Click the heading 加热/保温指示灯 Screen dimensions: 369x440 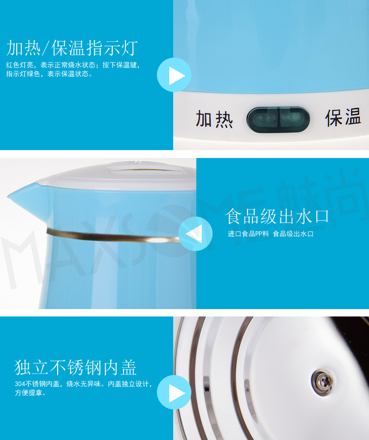point(72,48)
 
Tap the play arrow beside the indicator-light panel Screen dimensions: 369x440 point(174,75)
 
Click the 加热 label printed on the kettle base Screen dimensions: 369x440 point(215,119)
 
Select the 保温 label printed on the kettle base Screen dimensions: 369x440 point(343,117)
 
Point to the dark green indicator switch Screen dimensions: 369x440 point(278,120)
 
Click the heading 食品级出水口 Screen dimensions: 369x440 point(277,216)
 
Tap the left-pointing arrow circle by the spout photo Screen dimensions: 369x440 point(195,234)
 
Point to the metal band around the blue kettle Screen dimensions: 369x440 point(113,236)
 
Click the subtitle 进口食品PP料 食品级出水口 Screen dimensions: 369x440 point(271,234)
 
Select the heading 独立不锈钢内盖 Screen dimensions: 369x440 point(75,367)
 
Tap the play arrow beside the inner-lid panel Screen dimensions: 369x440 point(174,393)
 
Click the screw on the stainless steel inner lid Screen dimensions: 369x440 point(323,382)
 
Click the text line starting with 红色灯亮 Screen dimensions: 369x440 point(73,65)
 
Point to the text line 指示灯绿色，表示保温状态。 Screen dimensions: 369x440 point(49,74)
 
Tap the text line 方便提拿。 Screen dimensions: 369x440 point(31,393)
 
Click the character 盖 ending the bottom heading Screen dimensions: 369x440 point(128,367)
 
